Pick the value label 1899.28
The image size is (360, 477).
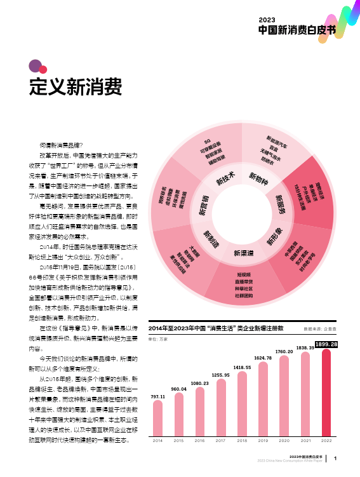pyautogui.click(x=326, y=344)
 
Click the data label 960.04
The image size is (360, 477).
pyautogui.click(x=179, y=388)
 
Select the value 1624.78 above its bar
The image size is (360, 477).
pyautogui.click(x=263, y=358)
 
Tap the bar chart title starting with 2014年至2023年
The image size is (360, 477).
pyautogui.click(x=215, y=328)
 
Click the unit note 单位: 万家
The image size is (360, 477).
pyautogui.click(x=158, y=339)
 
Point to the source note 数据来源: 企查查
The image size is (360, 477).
pyautogui.click(x=320, y=329)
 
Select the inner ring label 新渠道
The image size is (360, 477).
pyautogui.click(x=243, y=253)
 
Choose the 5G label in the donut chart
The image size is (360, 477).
pyautogui.click(x=207, y=141)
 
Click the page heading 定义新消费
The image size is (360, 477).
pyautogui.click(x=76, y=87)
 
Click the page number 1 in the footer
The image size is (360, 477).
pyautogui.click(x=335, y=458)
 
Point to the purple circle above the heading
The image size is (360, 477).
pyautogui.click(x=35, y=65)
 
